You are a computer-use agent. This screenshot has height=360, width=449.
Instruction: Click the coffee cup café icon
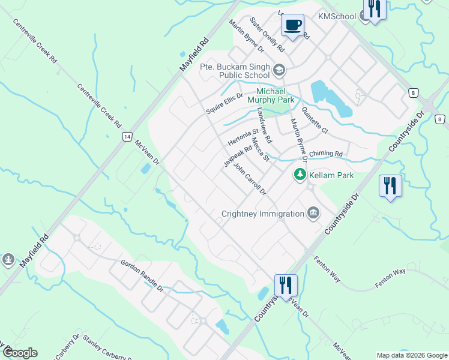(292, 25)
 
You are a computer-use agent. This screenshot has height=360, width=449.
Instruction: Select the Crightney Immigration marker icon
(313, 213)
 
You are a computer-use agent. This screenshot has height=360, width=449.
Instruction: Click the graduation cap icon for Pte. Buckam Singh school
(279, 71)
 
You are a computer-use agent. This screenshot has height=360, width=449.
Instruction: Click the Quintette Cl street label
(315, 121)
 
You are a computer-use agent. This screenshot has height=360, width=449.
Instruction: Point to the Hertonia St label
(243, 137)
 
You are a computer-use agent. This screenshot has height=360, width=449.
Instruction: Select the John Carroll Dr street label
(249, 178)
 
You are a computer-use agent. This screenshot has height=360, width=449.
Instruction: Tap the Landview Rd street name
(264, 125)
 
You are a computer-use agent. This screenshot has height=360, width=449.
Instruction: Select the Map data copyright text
(412, 355)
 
